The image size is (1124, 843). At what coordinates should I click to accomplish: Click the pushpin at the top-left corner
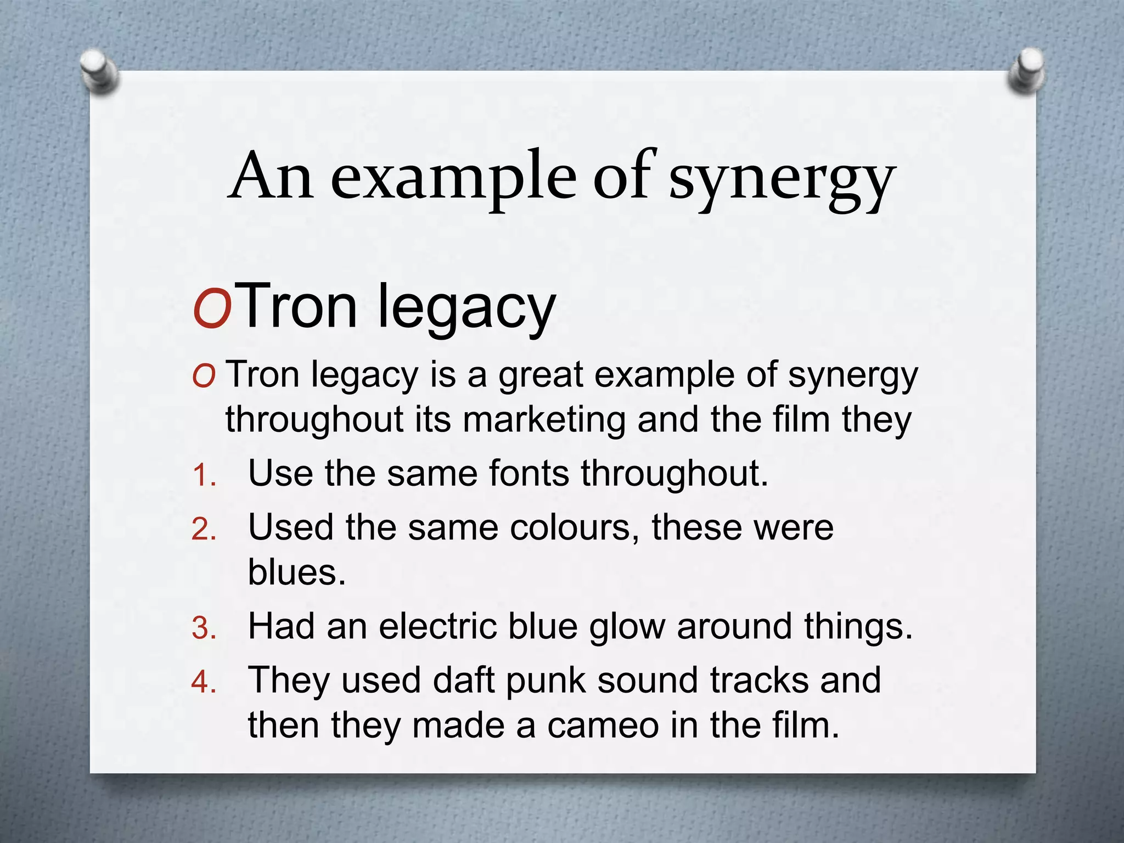coord(99,71)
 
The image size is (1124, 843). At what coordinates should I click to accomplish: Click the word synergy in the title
coord(782,179)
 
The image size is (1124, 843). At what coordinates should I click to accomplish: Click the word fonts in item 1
coord(529,473)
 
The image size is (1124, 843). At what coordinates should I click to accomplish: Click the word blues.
coord(297,572)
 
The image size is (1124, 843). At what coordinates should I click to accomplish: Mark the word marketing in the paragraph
coord(544,420)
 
